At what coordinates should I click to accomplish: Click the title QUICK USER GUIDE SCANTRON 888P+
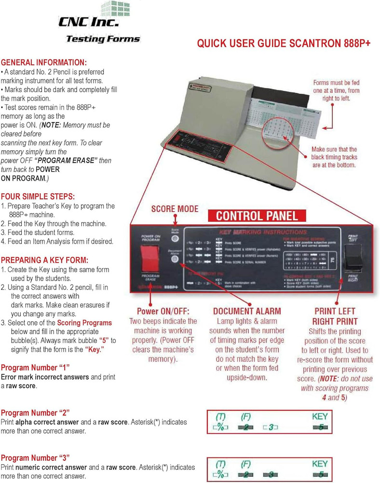click(284, 43)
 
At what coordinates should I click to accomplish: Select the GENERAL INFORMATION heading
click(44, 63)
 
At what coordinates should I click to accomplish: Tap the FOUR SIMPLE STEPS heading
click(38, 197)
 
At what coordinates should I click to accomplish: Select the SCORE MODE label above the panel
click(175, 209)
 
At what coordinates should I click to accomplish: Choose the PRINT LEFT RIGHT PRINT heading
click(336, 316)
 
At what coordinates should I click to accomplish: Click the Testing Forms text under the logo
click(102, 39)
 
